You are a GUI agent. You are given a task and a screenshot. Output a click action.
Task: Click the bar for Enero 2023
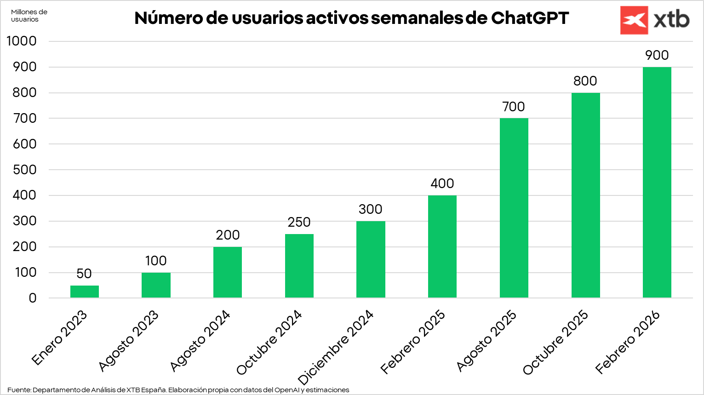point(85,292)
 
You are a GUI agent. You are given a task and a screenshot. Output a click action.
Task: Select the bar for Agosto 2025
point(514,208)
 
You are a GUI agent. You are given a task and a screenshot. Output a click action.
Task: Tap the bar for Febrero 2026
point(657,183)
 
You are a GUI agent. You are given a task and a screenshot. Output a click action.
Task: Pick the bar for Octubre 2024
point(299,266)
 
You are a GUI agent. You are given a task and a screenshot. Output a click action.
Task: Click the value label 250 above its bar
point(299,222)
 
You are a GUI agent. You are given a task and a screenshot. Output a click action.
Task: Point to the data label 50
point(84,274)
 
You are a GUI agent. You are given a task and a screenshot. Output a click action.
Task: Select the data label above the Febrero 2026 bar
point(657,55)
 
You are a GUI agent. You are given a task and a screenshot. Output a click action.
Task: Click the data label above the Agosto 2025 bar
point(514,107)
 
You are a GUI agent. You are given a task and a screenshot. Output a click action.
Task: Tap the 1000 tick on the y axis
point(22,41)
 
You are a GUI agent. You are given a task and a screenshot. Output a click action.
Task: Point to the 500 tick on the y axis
point(24,170)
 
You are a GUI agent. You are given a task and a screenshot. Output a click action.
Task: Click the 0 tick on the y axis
point(32,298)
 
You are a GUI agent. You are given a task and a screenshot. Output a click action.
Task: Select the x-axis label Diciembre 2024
point(336,348)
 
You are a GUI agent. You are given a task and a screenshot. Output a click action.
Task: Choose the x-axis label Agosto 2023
point(129,341)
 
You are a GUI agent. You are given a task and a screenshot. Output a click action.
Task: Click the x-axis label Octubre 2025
point(555,342)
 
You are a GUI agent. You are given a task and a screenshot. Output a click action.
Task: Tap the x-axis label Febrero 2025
point(413,342)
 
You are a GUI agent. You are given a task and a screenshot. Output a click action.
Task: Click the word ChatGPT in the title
point(530,18)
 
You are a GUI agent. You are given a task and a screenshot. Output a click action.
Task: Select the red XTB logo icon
point(634,20)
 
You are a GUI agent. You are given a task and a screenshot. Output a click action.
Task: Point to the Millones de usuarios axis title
point(29,16)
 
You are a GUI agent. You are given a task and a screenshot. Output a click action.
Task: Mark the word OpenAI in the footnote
point(286,390)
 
